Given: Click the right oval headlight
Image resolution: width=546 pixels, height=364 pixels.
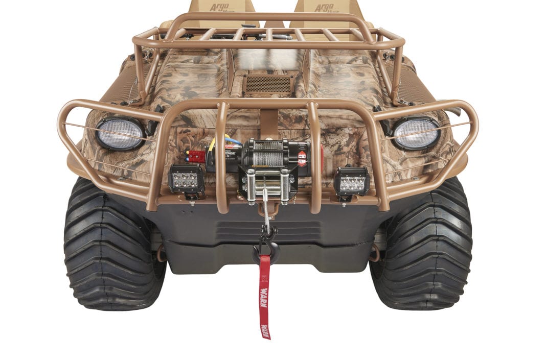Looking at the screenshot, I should pos(416,133).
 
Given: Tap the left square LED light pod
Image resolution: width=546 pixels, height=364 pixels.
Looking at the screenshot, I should pos(186,179).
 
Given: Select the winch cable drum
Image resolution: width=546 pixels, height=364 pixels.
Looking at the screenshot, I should pos(269,152).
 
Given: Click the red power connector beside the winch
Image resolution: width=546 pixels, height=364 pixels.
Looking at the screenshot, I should pos(195,156).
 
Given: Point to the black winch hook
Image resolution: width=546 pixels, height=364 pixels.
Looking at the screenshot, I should pos(266,247).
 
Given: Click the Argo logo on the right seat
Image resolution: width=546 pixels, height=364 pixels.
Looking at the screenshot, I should pos(324,8).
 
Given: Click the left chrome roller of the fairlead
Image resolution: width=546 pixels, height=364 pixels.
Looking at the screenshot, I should pos(252,186).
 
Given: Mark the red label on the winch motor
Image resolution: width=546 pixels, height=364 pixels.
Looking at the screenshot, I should pos(302,156).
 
